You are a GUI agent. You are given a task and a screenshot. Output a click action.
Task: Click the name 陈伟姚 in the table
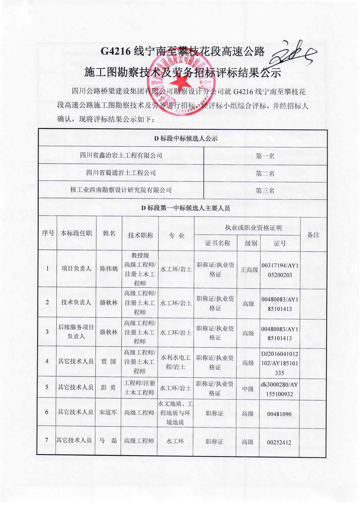pyautogui.click(x=109, y=269)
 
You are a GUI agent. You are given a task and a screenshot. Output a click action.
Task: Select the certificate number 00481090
pyautogui.click(x=279, y=414)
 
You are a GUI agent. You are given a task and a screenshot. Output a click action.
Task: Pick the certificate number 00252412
pyautogui.click(x=279, y=443)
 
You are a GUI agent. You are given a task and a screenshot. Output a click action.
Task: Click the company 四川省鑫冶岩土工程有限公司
pyautogui.click(x=121, y=155)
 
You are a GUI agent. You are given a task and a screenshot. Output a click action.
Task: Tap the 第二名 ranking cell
pyautogui.click(x=265, y=173)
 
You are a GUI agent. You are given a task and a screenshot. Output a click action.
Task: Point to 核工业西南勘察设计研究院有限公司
pyautogui.click(x=121, y=190)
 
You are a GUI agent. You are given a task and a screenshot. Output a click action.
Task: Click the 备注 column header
pyautogui.click(x=313, y=235)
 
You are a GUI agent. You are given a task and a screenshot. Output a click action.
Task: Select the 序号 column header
pyautogui.click(x=48, y=233)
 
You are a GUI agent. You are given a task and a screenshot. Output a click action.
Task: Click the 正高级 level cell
pyautogui.click(x=249, y=270)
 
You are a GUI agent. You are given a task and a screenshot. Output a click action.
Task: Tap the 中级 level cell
pyautogui.click(x=248, y=389)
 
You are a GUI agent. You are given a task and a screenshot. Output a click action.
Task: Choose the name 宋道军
pyautogui.click(x=108, y=412)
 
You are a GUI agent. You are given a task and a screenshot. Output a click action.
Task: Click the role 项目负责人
pyautogui.click(x=76, y=269)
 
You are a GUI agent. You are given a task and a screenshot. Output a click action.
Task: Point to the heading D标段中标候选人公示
pyautogui.click(x=186, y=139)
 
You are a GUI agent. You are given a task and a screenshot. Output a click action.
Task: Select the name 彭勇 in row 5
pyautogui.click(x=108, y=387)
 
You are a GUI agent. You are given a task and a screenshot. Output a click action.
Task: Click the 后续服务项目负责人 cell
pyautogui.click(x=76, y=332)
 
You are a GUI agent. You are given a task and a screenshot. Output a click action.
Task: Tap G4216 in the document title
pyautogui.click(x=116, y=51)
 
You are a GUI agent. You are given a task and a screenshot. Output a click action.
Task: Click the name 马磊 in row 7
pyautogui.click(x=108, y=440)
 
